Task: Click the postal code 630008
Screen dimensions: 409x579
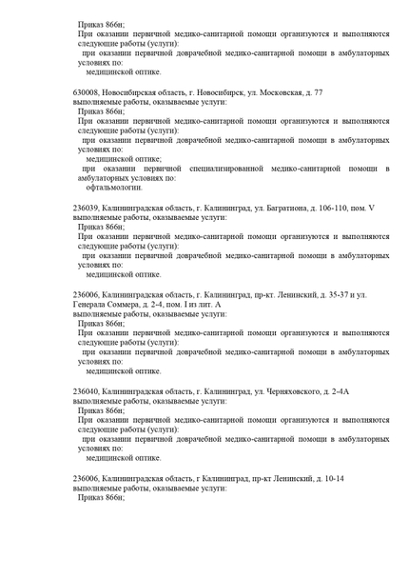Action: pos(88,92)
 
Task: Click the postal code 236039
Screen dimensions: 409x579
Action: pos(88,207)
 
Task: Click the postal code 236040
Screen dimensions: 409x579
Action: pos(88,390)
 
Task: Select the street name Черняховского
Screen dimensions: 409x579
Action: pos(282,390)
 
